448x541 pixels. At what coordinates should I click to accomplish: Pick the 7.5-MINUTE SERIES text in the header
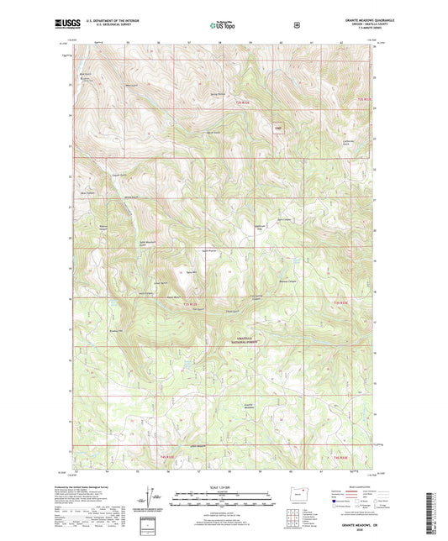tap(368, 29)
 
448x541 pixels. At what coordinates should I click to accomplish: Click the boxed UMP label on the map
tap(278, 129)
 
